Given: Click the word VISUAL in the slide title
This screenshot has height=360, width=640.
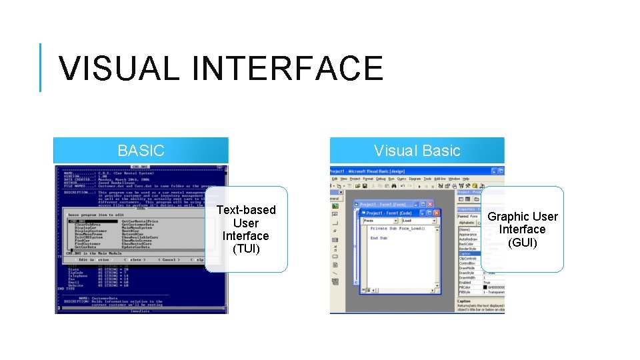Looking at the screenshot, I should point(113,68).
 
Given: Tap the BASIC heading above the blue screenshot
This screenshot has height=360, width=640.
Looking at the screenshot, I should point(141,151).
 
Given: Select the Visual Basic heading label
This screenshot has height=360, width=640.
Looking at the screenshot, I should point(417,151).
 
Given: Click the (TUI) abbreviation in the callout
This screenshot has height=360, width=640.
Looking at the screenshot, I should point(246,249).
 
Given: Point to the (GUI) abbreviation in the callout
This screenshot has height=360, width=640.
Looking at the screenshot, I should point(522,242).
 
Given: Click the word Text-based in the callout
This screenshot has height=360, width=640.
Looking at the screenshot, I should point(246,210).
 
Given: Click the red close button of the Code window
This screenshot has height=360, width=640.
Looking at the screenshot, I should point(436,213).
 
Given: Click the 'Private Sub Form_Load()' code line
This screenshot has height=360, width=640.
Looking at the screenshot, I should point(397,229).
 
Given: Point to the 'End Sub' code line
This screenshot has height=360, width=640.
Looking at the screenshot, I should point(379,238).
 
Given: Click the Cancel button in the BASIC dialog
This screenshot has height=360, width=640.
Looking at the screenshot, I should point(167,259).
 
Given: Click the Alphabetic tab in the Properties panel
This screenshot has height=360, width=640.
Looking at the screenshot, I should point(467,223).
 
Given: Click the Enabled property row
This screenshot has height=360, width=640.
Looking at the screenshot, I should point(465,282).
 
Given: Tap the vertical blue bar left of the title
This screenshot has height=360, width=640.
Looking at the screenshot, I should point(41,67).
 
